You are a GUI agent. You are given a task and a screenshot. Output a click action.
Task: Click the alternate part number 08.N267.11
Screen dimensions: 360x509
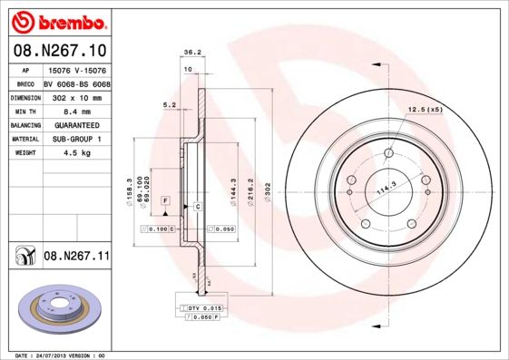click(x=76, y=257)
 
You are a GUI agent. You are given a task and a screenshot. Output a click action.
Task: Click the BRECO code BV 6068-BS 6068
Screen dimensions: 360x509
click(x=75, y=82)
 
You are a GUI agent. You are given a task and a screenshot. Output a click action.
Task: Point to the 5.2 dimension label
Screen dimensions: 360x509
click(x=169, y=104)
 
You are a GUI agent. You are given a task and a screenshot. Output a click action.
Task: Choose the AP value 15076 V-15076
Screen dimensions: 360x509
click(x=75, y=69)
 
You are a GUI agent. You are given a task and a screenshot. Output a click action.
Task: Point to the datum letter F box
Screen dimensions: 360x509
click(x=166, y=199)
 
